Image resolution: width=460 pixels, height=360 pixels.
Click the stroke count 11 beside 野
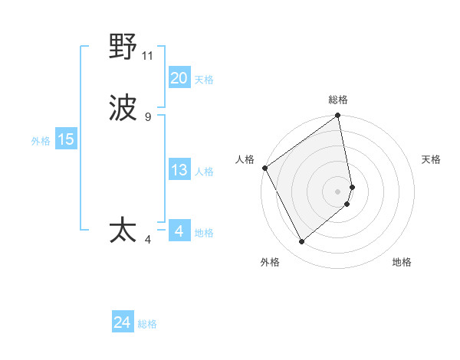[148, 56]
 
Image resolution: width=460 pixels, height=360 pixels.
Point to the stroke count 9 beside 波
[148, 117]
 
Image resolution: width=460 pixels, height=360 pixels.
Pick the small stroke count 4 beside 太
[148, 239]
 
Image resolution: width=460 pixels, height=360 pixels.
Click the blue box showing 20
[179, 78]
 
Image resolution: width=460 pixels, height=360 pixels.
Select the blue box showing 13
[179, 170]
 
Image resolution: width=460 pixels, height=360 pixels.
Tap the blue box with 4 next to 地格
[179, 231]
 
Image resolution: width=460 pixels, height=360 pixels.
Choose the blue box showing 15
[66, 139]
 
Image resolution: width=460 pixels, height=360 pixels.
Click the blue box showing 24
[123, 322]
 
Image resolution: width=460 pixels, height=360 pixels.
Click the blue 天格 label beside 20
[203, 80]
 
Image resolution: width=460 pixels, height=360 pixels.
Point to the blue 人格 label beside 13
[203, 172]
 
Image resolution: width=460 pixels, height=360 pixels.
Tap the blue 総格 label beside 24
[147, 324]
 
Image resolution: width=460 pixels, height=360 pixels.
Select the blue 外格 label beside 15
[41, 141]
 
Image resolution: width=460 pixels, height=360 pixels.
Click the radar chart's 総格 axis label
[338, 100]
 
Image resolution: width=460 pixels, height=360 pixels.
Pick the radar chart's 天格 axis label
[432, 159]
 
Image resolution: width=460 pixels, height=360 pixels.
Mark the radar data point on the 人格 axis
[264, 168]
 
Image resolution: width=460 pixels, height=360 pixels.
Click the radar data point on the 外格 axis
[302, 242]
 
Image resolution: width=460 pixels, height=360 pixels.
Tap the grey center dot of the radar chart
[338, 191]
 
